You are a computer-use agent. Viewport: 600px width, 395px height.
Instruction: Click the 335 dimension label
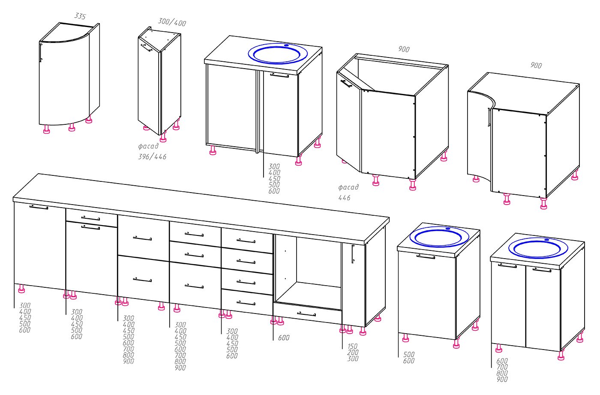pyautogui.click(x=80, y=16)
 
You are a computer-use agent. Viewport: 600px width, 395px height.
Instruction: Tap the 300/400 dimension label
pyautogui.click(x=172, y=22)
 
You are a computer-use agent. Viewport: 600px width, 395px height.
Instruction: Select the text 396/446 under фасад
pyautogui.click(x=152, y=157)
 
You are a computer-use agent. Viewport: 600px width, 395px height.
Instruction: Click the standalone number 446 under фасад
pyautogui.click(x=344, y=198)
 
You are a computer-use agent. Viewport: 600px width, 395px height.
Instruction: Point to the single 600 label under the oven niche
pyautogui.click(x=284, y=338)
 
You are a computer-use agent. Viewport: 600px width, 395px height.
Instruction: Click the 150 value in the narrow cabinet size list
pyautogui.click(x=352, y=346)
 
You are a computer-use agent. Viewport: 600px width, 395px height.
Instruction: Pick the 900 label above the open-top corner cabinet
pyautogui.click(x=404, y=49)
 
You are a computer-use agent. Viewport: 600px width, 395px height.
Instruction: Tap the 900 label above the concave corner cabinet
pyautogui.click(x=536, y=65)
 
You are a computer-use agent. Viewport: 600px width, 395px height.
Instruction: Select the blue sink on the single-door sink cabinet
pyautogui.click(x=439, y=237)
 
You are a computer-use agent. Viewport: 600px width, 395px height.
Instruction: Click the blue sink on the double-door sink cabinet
pyautogui.click(x=538, y=248)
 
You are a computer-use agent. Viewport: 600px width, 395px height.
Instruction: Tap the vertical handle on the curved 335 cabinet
pyautogui.click(x=41, y=56)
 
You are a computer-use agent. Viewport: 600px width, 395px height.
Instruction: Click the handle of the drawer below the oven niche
pyautogui.click(x=306, y=313)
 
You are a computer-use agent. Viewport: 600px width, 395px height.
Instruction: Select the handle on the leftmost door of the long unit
pyautogui.click(x=39, y=207)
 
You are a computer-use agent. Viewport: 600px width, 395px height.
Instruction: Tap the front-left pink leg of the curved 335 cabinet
pyautogui.click(x=47, y=129)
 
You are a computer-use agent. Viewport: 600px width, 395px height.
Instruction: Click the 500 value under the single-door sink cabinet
pyautogui.click(x=409, y=354)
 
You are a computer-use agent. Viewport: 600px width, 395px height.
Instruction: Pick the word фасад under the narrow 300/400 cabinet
pyautogui.click(x=148, y=146)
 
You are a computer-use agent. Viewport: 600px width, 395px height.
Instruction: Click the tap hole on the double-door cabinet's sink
pyautogui.click(x=547, y=240)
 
